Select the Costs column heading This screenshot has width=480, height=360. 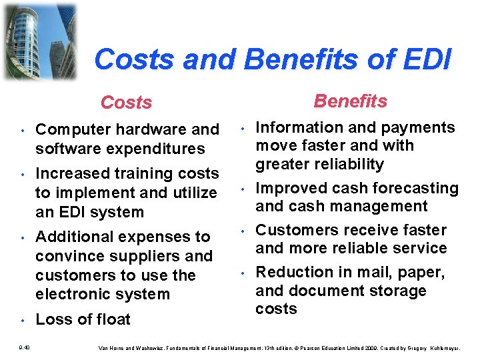tap(126, 103)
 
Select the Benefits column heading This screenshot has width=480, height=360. tap(350, 101)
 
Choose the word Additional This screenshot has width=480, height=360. tap(75, 237)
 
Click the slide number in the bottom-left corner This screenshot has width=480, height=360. tap(24, 347)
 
